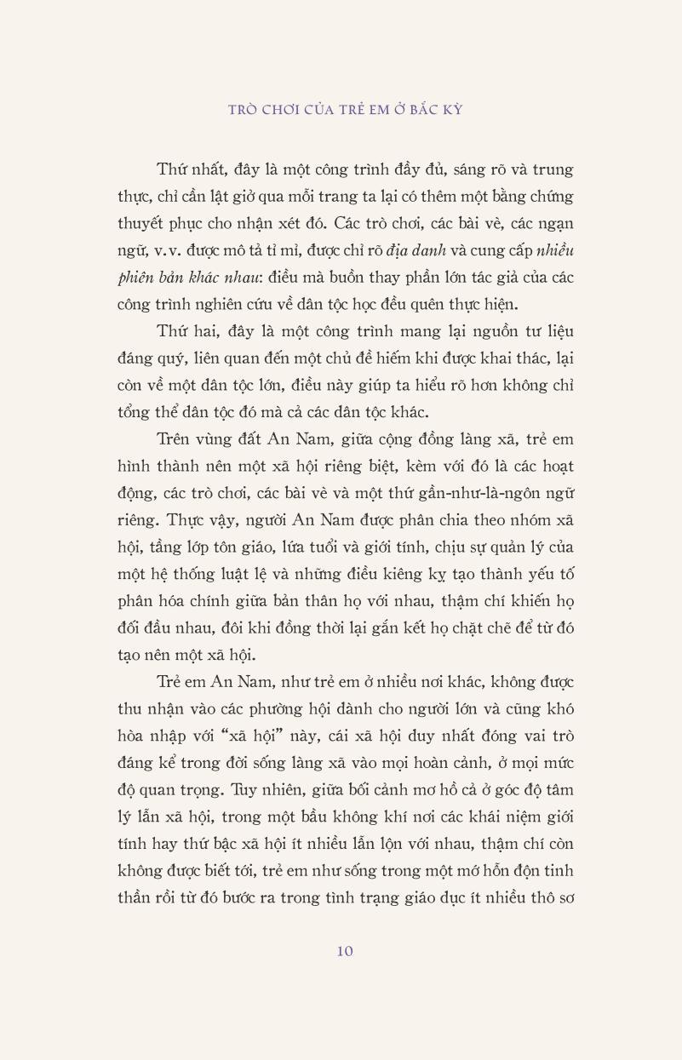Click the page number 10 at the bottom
pos(344,951)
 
